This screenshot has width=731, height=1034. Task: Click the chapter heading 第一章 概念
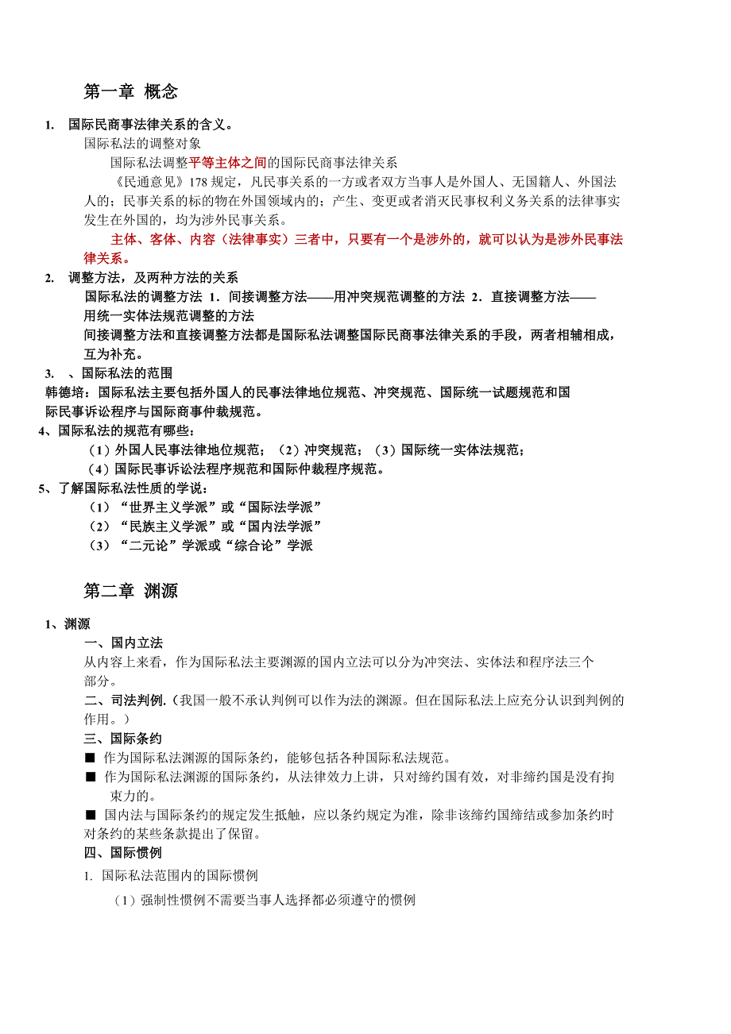[130, 91]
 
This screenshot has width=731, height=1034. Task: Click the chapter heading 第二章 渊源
[130, 590]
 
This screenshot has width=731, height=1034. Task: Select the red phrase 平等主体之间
[227, 163]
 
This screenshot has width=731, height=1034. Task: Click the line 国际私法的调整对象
[143, 144]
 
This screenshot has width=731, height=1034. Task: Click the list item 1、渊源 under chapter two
[68, 624]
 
